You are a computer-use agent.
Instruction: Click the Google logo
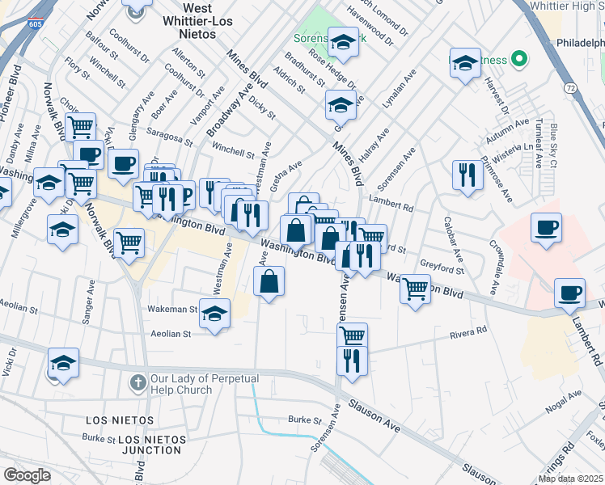point(27,475)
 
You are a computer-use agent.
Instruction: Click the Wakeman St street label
point(172,309)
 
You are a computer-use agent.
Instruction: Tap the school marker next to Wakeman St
point(214,314)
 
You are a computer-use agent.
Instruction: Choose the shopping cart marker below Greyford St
point(415,288)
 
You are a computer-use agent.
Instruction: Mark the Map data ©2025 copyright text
point(570,479)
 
